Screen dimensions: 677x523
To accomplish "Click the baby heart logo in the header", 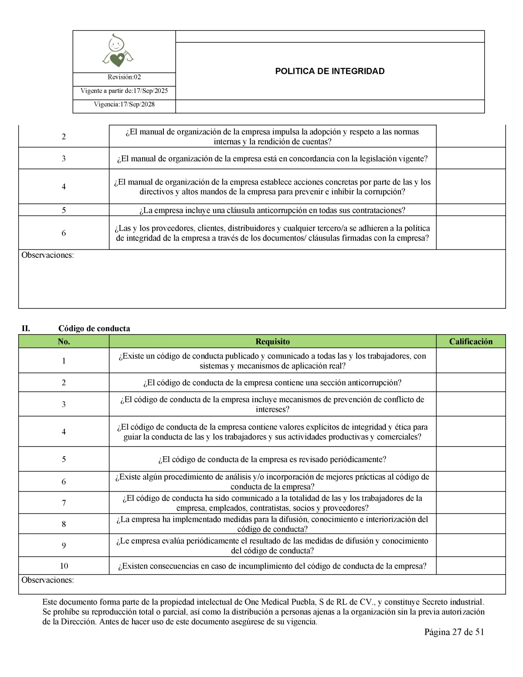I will (117, 51).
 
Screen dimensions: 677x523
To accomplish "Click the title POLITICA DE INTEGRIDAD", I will (329, 71).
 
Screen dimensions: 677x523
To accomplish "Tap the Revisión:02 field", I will (124, 77).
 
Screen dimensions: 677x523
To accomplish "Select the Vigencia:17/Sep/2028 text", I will (124, 104).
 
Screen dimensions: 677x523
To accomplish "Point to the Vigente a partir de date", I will (124, 91).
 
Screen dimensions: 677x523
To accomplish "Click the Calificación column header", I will (471, 342).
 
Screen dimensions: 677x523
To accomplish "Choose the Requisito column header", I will (272, 342).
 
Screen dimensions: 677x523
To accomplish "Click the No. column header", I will (64, 342).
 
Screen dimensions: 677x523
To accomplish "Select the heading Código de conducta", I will (94, 328).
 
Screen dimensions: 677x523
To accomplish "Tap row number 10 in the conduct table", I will (64, 566).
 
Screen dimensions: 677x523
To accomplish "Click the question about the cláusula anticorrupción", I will (272, 210).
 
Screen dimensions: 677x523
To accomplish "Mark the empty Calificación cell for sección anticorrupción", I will (471, 383).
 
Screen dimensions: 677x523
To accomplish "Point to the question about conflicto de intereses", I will (272, 404).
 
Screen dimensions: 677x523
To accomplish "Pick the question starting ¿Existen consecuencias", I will (272, 566).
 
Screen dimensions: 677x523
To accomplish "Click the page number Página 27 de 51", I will (454, 632).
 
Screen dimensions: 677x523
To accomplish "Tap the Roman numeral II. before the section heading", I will (26, 328).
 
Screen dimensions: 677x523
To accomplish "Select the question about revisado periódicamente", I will (272, 459).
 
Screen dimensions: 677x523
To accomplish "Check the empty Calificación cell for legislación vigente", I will (471, 158).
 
